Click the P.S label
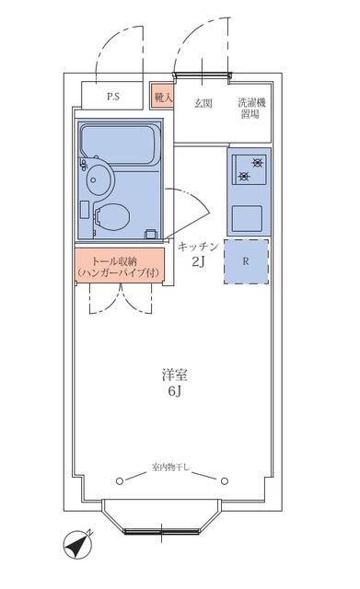pyautogui.click(x=113, y=97)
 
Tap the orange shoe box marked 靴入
pyautogui.click(x=162, y=96)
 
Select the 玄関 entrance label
pyautogui.click(x=203, y=103)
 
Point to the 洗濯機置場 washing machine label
pyautogui.click(x=251, y=108)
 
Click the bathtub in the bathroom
pyautogui.click(x=119, y=144)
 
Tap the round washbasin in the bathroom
pyautogui.click(x=99, y=179)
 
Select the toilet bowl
pyautogui.click(x=111, y=217)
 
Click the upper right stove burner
pyautogui.click(x=258, y=163)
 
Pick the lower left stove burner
pyautogui.click(x=243, y=176)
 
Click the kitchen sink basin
pyautogui.click(x=247, y=218)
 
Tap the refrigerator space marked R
pyautogui.click(x=246, y=261)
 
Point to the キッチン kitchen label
pyautogui.click(x=198, y=247)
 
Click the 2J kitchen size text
pyautogui.click(x=198, y=261)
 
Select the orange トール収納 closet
pyautogui.click(x=120, y=264)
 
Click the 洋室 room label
pyautogui.click(x=174, y=375)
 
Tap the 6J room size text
pyautogui.click(x=175, y=391)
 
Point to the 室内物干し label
pyautogui.click(x=171, y=468)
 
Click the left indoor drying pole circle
pyautogui.click(x=120, y=480)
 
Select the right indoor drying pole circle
pyautogui.click(x=225, y=480)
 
